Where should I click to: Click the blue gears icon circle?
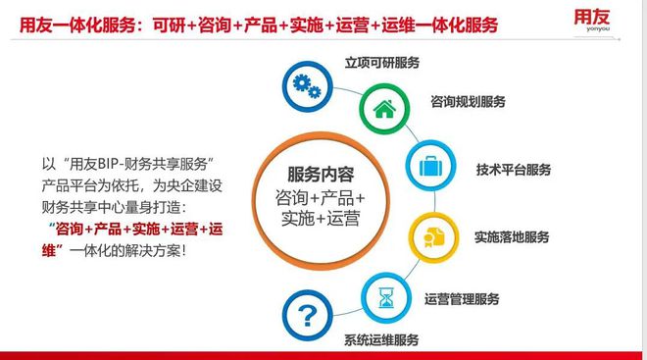[306, 85]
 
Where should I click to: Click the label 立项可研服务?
[382, 62]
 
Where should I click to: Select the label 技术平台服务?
[514, 169]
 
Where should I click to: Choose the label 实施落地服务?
[512, 236]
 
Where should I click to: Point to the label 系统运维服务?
[382, 340]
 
